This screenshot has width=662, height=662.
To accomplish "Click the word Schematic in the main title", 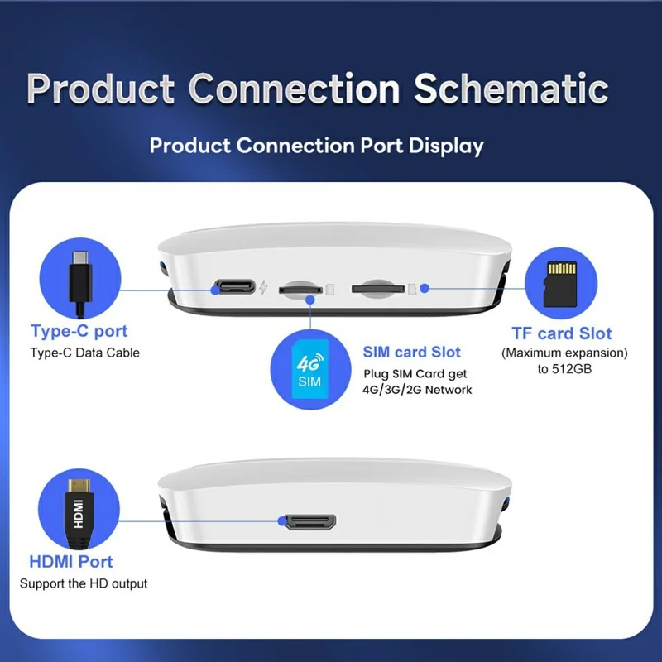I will (511, 89).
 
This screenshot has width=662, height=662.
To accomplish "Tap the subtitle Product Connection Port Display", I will (316, 146).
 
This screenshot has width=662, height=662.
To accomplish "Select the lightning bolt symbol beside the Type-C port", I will (263, 289).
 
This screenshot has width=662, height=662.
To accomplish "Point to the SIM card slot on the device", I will (301, 290).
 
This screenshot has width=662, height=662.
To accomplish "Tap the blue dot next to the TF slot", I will (425, 289).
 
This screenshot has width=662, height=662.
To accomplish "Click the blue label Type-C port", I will (79, 332).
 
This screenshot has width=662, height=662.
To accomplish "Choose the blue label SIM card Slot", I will (411, 353).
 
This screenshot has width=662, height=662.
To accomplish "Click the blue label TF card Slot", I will (562, 334).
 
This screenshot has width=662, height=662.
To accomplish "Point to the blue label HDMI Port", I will (71, 562).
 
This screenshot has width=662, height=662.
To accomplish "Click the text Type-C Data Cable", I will (85, 353).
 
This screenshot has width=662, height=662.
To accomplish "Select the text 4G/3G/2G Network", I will (417, 389).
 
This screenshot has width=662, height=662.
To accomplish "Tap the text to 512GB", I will (566, 369).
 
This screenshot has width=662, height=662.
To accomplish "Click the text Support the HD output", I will (84, 583).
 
